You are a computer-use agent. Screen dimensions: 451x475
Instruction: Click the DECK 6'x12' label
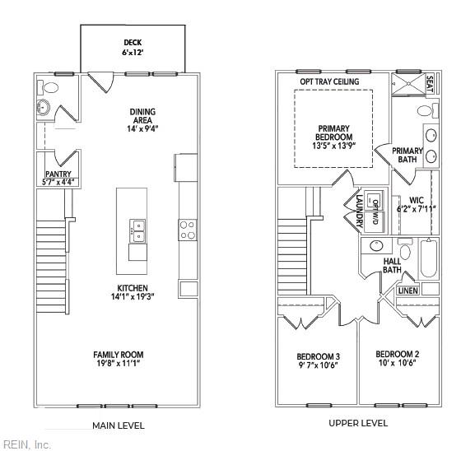point(132,47)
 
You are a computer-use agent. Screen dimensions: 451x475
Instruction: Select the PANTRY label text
point(58,174)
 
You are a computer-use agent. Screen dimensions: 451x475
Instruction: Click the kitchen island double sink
point(137,230)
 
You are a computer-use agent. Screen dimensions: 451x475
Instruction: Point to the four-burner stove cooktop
point(188,229)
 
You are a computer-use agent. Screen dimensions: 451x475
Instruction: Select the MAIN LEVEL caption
point(119,425)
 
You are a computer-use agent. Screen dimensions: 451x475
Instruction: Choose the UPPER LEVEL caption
point(358,423)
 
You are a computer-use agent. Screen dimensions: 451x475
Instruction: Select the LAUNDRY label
point(360,210)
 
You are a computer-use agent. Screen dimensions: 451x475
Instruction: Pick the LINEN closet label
point(408,291)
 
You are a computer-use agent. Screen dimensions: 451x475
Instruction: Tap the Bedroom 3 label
point(319,361)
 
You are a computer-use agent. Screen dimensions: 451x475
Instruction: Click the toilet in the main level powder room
point(51,86)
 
